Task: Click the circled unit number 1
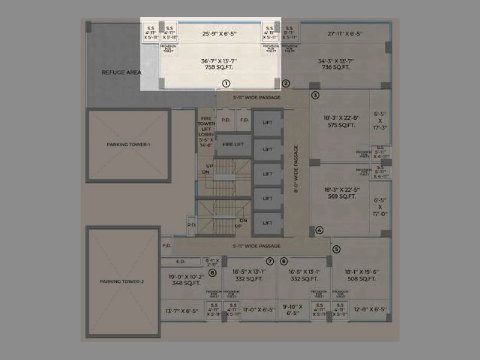[x=226, y=83]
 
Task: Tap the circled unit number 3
[x=315, y=95]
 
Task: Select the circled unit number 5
[x=336, y=249]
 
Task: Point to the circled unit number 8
[x=212, y=273]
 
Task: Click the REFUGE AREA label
[x=121, y=72]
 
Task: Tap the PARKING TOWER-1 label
[x=128, y=145]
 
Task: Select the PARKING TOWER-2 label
[x=122, y=281]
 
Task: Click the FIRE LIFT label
[x=233, y=145]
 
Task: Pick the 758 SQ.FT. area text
[x=219, y=67]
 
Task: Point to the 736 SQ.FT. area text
[x=336, y=67]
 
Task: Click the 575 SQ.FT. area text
[x=341, y=125]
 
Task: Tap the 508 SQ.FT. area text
[x=361, y=279]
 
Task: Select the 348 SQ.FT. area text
[x=186, y=283]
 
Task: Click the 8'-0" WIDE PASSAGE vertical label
[x=296, y=169]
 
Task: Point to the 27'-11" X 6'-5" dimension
[x=344, y=34]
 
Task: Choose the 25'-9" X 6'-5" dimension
[x=219, y=34]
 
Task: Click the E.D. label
[x=180, y=262]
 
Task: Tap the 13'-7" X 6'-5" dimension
[x=182, y=311]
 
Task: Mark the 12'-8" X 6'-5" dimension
[x=370, y=309]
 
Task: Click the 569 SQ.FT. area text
[x=341, y=196]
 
